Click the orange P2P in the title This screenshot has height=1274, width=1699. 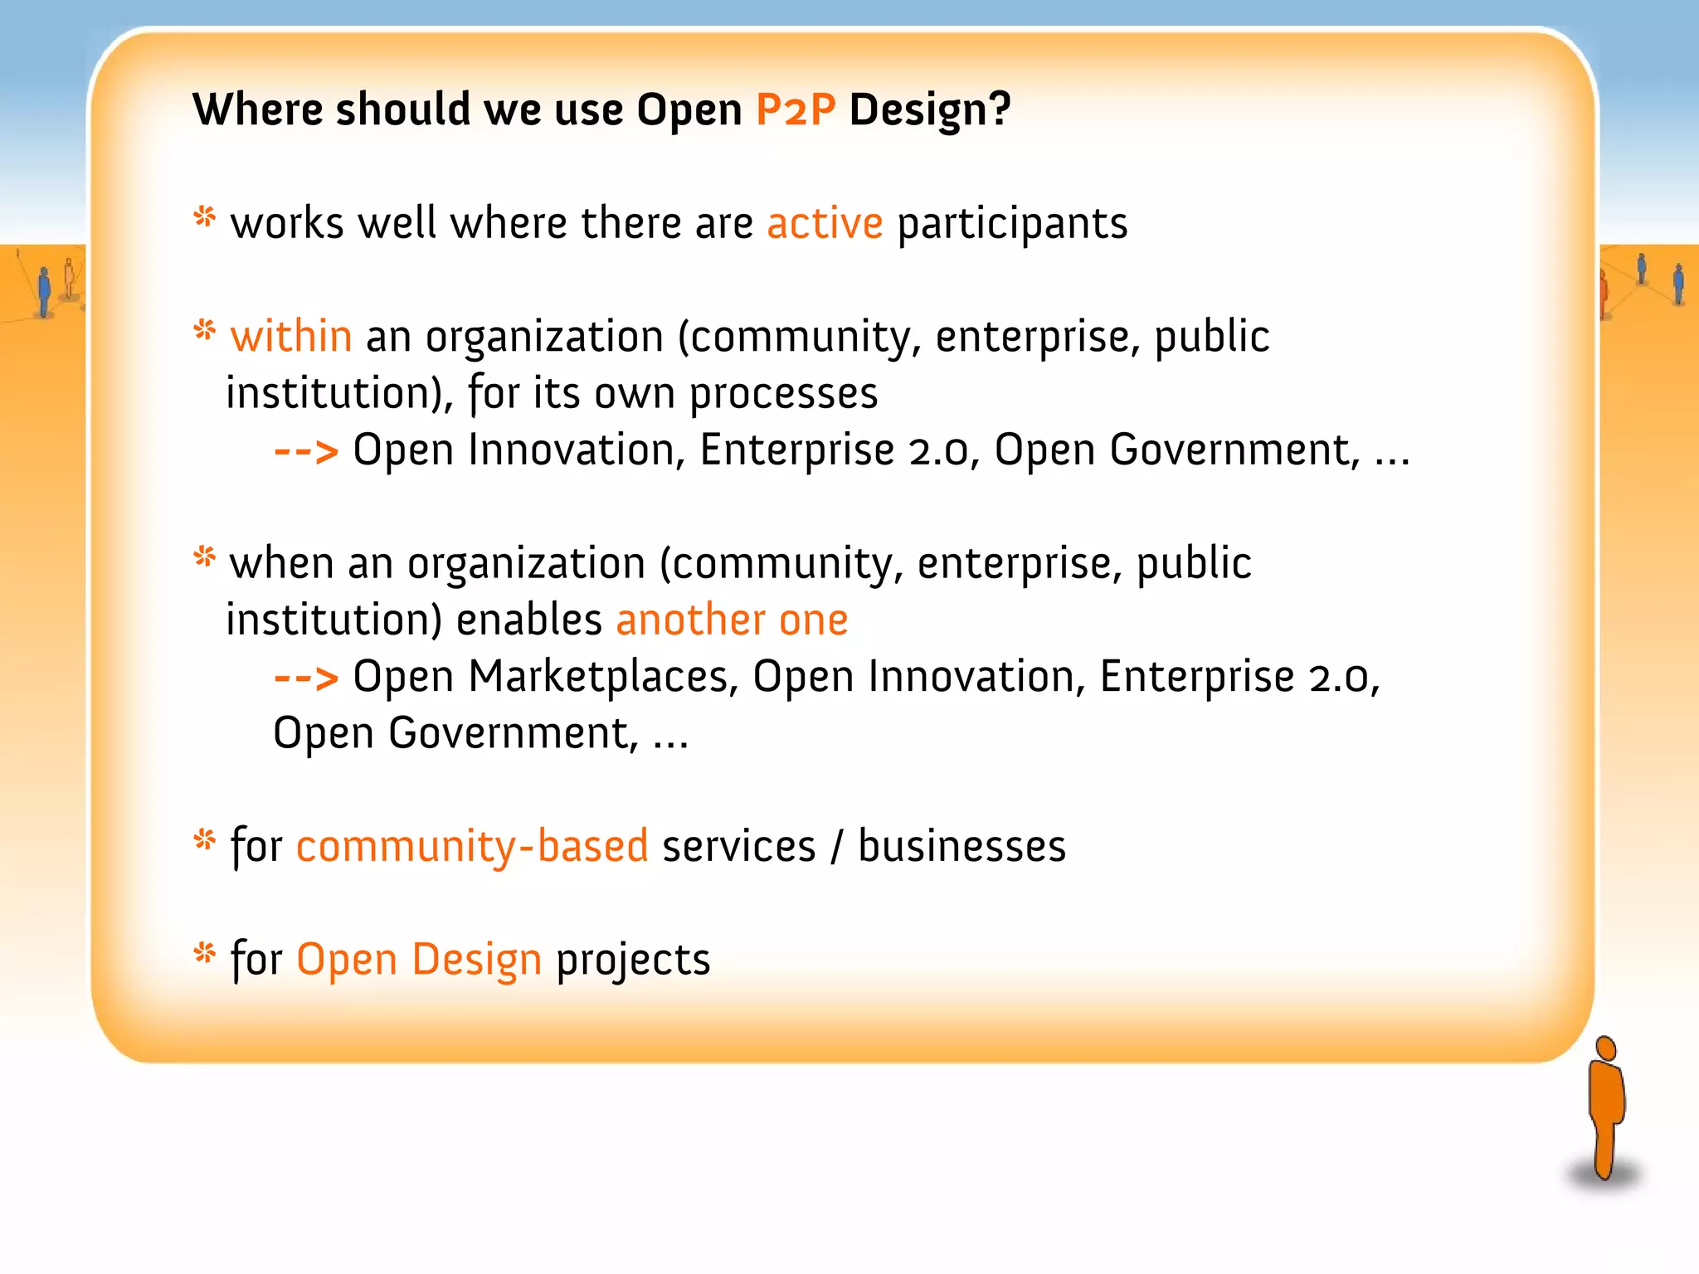(795, 110)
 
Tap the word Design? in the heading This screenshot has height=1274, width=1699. (929, 110)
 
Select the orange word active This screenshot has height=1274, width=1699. (825, 224)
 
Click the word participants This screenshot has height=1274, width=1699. (1012, 224)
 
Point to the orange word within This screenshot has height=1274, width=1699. (291, 337)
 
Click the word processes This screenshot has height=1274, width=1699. (783, 393)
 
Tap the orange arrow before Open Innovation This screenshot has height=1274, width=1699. (306, 452)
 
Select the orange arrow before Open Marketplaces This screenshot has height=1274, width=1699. (306, 678)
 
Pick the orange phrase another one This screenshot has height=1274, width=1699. (732, 620)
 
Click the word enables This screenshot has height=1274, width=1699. (528, 620)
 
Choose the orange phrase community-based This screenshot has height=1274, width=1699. (471, 847)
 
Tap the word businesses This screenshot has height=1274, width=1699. (961, 847)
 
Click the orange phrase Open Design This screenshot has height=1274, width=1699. (419, 960)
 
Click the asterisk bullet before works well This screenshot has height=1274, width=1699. (204, 217)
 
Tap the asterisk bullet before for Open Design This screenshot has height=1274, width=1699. (204, 953)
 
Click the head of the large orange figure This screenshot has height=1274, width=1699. (1606, 1048)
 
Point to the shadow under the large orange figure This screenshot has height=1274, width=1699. (1603, 1175)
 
